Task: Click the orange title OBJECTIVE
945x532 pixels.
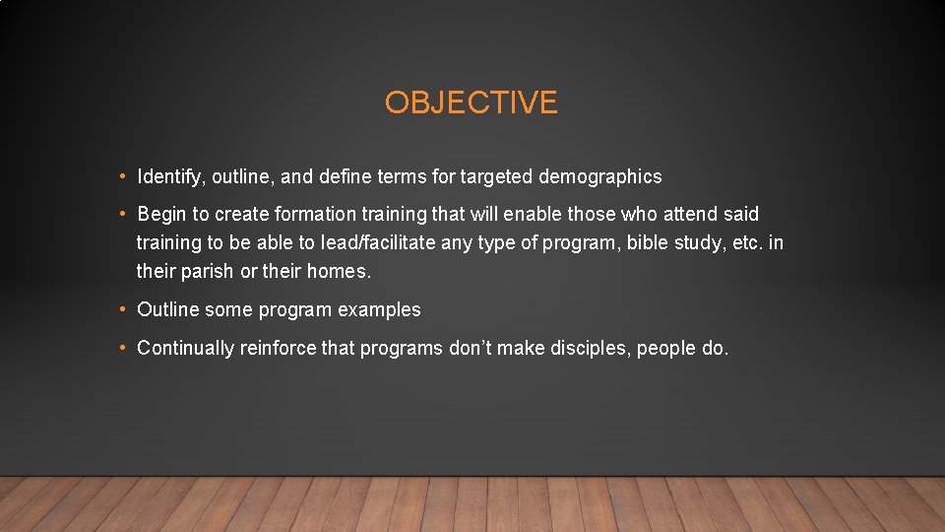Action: coord(471,102)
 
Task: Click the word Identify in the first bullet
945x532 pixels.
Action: coord(167,177)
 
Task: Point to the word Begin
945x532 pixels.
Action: coord(161,215)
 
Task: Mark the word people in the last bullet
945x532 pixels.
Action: coord(666,348)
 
